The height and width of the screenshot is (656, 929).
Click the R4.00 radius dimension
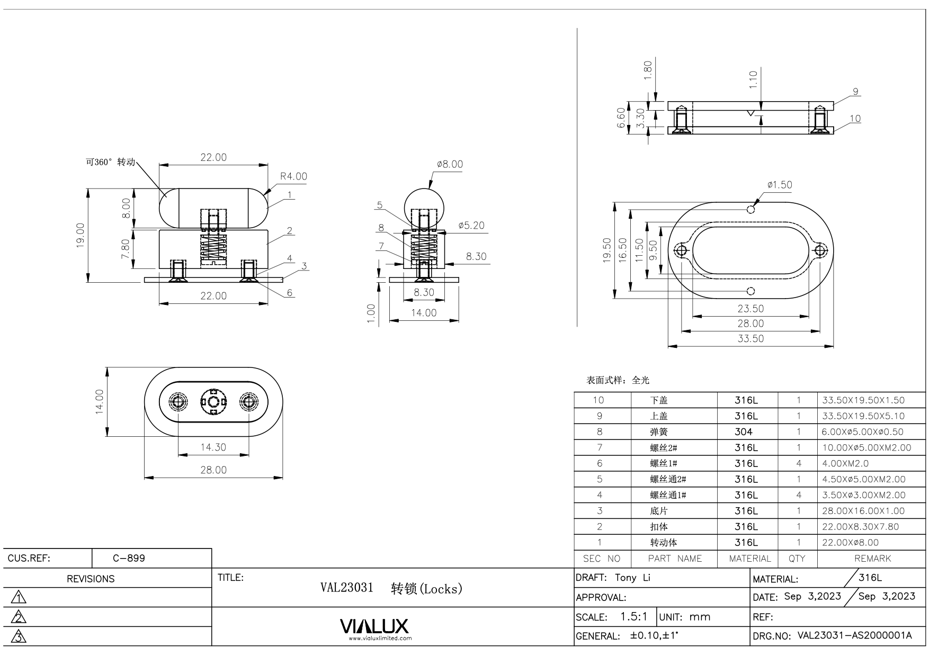point(293,176)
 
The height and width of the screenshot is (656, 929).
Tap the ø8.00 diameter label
point(450,164)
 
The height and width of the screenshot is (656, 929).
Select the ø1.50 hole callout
point(780,185)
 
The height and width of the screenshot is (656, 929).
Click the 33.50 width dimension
point(751,339)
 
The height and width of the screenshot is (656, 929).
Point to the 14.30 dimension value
point(213,447)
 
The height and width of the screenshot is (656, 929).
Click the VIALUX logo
point(374,626)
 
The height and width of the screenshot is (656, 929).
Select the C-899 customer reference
point(129,558)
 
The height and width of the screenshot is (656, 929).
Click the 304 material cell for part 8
point(743,432)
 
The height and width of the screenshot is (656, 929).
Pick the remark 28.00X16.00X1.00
point(863,511)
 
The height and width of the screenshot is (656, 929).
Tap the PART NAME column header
point(675,559)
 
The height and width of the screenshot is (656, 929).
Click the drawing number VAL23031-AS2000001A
point(854,636)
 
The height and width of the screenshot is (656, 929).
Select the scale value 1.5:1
point(634,617)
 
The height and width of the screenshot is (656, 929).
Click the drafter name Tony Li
point(632,578)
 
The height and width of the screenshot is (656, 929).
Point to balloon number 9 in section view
point(855,92)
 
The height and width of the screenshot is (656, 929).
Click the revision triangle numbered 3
point(19,636)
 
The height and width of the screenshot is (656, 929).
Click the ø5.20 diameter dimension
point(471,226)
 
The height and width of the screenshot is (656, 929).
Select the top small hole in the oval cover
point(751,209)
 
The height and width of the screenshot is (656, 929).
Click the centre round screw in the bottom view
point(213,402)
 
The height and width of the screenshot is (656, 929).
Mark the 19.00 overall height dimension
point(80,235)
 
